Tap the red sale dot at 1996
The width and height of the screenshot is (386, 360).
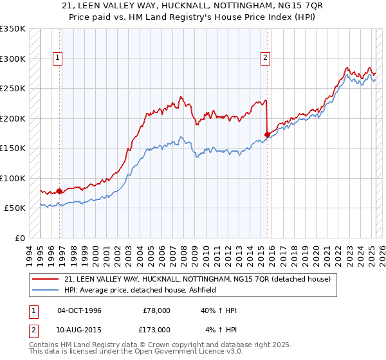(60, 191)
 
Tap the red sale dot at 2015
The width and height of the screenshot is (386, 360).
(267, 134)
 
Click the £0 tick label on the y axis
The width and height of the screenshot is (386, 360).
(20, 238)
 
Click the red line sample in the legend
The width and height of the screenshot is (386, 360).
(46, 279)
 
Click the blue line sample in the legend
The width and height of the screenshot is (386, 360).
(46, 291)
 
